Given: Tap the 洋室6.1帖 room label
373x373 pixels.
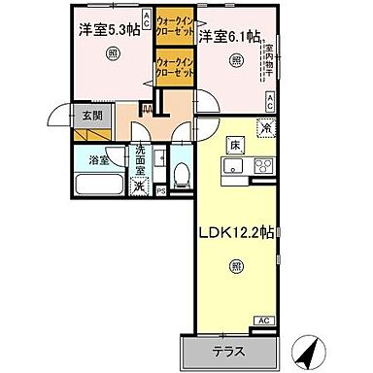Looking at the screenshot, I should click(230, 37).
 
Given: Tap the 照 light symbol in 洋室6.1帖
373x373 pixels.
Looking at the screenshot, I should click(236, 61).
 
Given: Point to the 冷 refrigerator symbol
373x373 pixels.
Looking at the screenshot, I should click(265, 124).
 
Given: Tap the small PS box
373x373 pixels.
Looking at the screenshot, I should click(160, 191).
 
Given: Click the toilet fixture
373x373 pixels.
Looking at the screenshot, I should click(181, 174).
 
